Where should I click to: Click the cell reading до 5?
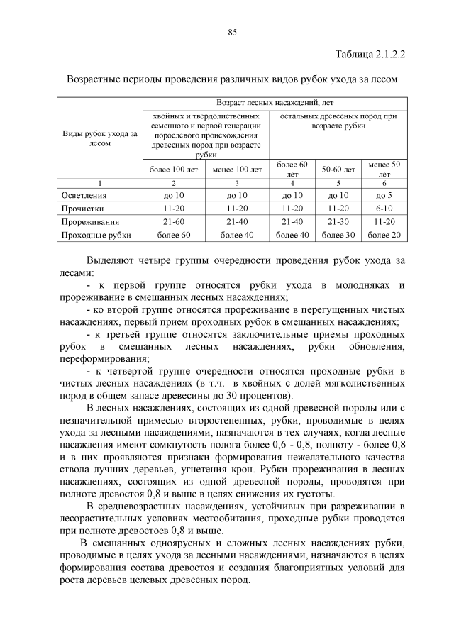coord(384,195)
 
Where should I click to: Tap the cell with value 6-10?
coord(384,209)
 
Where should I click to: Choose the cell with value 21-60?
coord(173,221)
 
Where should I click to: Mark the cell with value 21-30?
coord(338,221)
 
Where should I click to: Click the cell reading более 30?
coord(338,235)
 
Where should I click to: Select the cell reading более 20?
coord(384,235)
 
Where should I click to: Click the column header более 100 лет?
coord(173,170)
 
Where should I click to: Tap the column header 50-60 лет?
coord(338,170)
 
